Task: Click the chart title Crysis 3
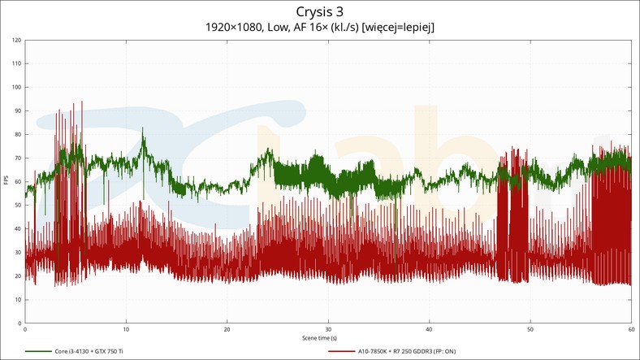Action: (320, 11)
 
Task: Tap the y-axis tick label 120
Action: (16, 40)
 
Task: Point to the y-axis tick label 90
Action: (17, 111)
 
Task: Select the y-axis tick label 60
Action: (17, 181)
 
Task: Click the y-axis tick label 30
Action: (17, 253)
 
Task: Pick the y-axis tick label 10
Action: (17, 300)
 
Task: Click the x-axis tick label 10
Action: (126, 330)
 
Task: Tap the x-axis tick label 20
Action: (227, 330)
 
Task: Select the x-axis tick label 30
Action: (328, 330)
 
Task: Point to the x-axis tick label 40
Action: (430, 330)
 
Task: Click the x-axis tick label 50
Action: (530, 330)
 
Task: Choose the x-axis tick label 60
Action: (631, 330)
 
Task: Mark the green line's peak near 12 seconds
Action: (143, 128)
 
